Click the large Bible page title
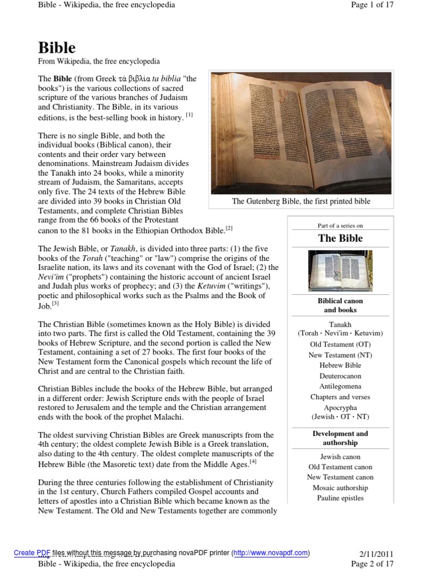tap(57, 47)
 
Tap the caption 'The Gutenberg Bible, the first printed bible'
tap(301, 201)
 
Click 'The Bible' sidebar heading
tap(340, 238)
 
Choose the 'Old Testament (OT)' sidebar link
tap(340, 344)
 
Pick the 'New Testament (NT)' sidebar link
tap(340, 355)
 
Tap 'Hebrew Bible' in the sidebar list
tap(340, 365)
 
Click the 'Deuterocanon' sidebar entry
tap(340, 376)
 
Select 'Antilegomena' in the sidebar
tap(340, 386)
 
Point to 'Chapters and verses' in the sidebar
tap(340, 397)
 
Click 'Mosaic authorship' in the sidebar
tap(340, 488)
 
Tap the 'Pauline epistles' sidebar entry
tap(340, 498)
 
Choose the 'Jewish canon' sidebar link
tap(340, 457)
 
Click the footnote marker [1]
tap(190, 115)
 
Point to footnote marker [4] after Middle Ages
tap(253, 462)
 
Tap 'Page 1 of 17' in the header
tap(371, 5)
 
